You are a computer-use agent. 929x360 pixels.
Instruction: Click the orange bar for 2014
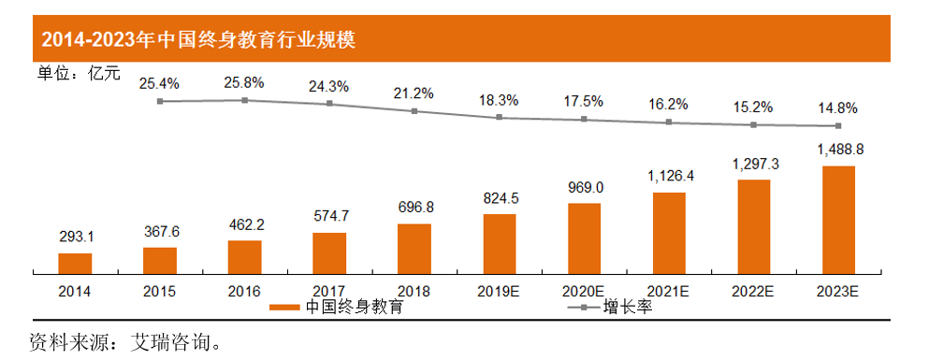(75, 263)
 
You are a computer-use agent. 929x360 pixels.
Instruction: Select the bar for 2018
(414, 248)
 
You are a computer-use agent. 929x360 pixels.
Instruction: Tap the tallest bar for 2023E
(838, 219)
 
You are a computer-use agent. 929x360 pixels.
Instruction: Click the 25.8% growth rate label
(244, 83)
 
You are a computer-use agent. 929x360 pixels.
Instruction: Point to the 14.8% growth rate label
(837, 108)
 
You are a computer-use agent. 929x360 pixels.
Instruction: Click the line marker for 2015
(160, 101)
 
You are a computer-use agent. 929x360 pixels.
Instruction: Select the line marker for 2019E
(500, 117)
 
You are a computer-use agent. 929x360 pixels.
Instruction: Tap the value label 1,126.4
(668, 175)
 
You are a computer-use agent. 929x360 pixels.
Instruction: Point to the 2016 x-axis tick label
(244, 290)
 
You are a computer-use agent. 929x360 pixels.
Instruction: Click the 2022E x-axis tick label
(753, 290)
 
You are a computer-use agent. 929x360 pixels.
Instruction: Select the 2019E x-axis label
(500, 290)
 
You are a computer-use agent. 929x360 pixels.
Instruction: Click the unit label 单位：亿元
(79, 74)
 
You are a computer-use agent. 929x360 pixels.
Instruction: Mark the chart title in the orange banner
(196, 40)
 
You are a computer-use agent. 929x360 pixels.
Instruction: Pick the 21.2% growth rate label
(414, 93)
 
